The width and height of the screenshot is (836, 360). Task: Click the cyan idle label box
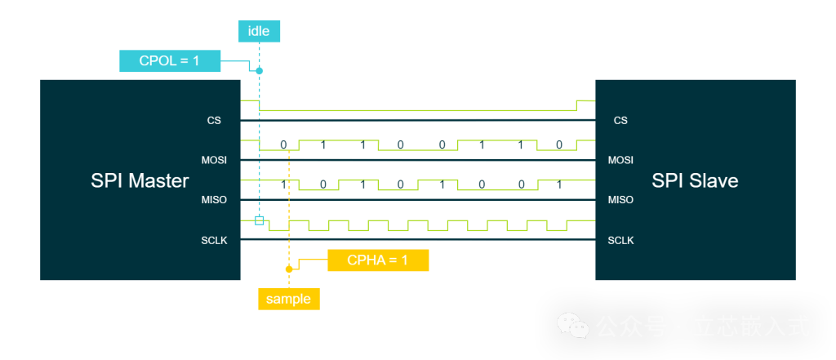pyautogui.click(x=259, y=32)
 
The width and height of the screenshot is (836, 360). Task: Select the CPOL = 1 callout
pyautogui.click(x=171, y=61)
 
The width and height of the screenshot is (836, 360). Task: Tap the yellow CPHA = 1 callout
pyautogui.click(x=377, y=260)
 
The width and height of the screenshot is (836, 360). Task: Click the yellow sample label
pyautogui.click(x=288, y=299)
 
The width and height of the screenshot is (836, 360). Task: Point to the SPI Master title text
pyautogui.click(x=140, y=180)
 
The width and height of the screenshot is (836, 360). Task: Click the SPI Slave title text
pyautogui.click(x=695, y=180)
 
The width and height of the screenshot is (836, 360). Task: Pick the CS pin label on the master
pyautogui.click(x=214, y=121)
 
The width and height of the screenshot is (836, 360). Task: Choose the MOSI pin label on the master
pyautogui.click(x=214, y=160)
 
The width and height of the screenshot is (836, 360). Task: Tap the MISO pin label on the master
pyautogui.click(x=214, y=200)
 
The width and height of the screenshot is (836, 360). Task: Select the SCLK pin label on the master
pyautogui.click(x=214, y=240)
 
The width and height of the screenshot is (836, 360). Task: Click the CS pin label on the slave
pyautogui.click(x=620, y=121)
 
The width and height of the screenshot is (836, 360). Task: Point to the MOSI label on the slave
pyautogui.click(x=620, y=160)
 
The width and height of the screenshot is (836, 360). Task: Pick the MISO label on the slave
pyautogui.click(x=620, y=200)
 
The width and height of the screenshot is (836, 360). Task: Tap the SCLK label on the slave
pyautogui.click(x=620, y=240)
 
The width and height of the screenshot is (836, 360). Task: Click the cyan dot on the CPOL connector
pyautogui.click(x=259, y=71)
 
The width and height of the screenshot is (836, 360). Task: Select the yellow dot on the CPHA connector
pyautogui.click(x=289, y=269)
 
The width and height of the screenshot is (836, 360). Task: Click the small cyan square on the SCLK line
pyautogui.click(x=260, y=220)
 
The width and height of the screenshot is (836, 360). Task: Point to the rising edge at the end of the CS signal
pyautogui.click(x=576, y=105)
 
